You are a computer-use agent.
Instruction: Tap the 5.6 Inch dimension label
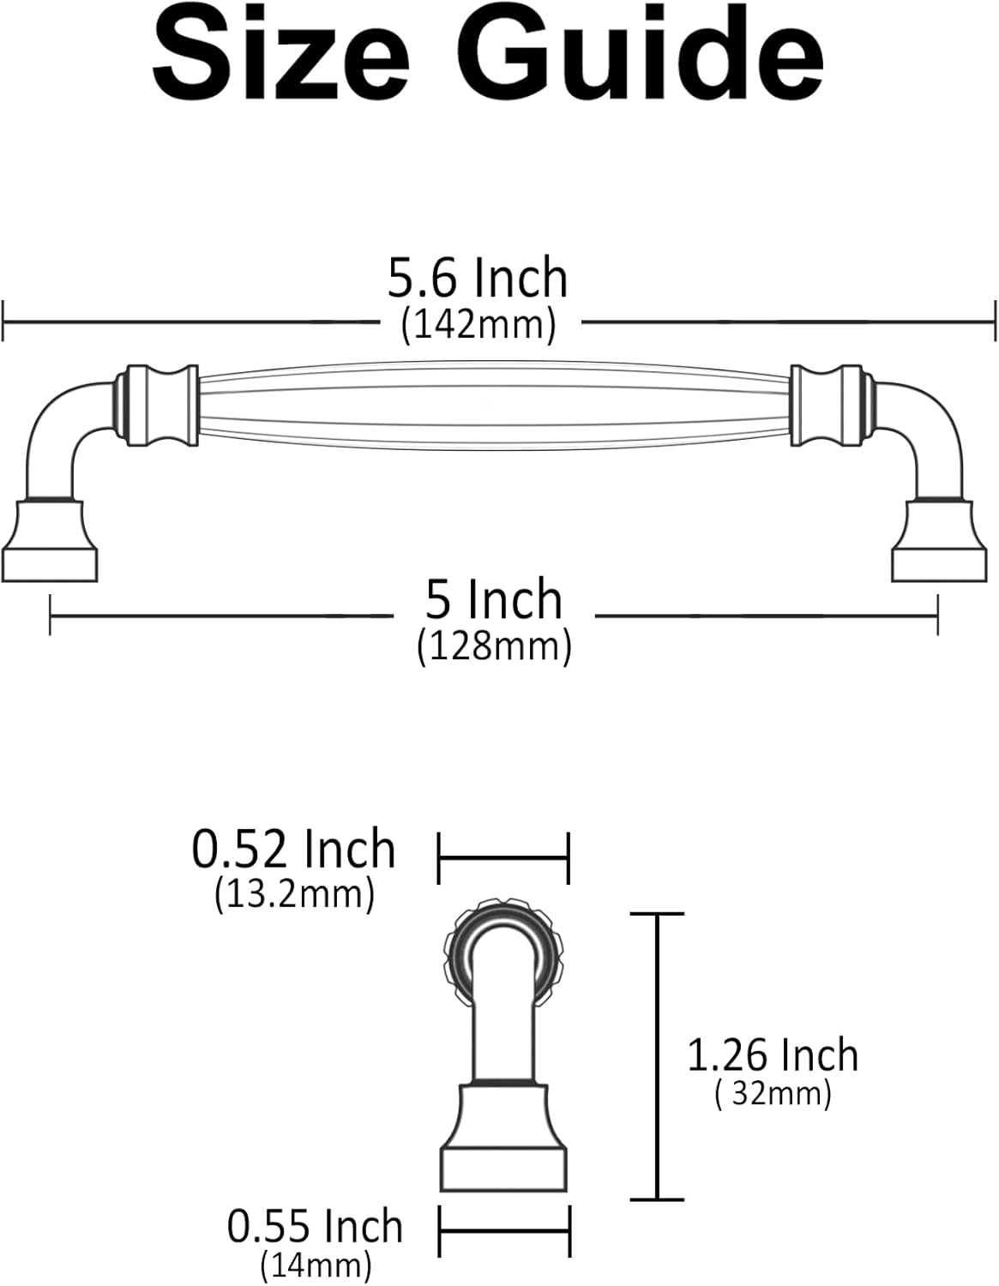tap(478, 279)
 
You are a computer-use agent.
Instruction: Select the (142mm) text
tap(478, 325)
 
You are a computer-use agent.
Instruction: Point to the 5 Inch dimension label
tap(494, 599)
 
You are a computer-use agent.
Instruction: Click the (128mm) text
tap(494, 646)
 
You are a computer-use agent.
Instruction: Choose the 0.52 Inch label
tap(293, 850)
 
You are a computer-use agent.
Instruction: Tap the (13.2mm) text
tap(294, 894)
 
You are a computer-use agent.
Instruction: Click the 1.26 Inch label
tap(773, 1055)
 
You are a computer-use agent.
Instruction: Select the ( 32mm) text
tap(773, 1094)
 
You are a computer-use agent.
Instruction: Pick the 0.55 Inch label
tap(315, 1226)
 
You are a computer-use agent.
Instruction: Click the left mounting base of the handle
tap(50, 542)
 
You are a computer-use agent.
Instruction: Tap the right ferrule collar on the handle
tap(826, 406)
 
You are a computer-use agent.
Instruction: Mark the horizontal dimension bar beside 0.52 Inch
tap(503, 856)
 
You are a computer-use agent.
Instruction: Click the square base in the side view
tap(504, 1140)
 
